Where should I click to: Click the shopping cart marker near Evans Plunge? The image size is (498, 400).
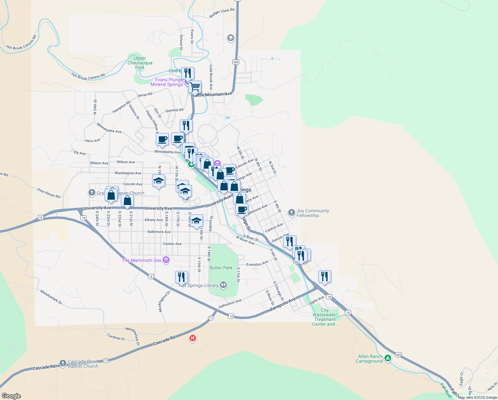(195, 87)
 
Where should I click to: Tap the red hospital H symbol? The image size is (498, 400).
(192, 338)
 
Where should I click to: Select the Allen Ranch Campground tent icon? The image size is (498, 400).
(387, 358)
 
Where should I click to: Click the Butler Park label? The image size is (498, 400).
(221, 268)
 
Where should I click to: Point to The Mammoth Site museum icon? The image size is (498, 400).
(166, 260)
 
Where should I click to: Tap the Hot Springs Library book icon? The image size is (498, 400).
(223, 285)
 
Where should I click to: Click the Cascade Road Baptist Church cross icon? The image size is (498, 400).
(63, 363)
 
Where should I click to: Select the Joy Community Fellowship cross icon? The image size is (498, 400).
(292, 212)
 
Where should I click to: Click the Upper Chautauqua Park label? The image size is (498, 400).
(140, 63)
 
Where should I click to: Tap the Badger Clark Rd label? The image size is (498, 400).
(222, 13)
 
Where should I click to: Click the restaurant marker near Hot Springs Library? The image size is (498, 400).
(181, 277)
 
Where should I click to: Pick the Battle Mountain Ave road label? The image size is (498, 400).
(212, 95)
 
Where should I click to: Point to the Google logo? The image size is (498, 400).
(11, 396)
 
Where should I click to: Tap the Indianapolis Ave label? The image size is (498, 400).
(281, 305)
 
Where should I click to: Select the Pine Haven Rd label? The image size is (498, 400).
(49, 193)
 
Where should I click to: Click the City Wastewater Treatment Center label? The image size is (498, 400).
(325, 317)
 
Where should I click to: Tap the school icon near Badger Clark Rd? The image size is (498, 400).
(230, 38)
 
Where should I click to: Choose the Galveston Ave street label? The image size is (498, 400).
(230, 304)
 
